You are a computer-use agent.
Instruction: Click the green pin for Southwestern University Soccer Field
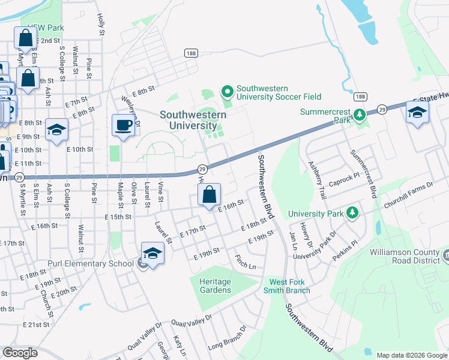(x=227, y=92)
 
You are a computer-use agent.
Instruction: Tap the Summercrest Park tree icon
(x=359, y=114)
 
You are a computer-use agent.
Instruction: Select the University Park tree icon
(x=354, y=213)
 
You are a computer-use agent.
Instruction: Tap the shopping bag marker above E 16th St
(x=208, y=196)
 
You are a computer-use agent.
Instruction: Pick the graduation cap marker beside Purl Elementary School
(x=152, y=254)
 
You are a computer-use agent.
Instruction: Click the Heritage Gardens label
(x=214, y=286)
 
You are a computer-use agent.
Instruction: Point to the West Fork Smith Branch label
(x=289, y=286)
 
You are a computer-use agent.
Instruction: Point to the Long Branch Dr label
(x=227, y=339)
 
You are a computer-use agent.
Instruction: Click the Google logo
(x=20, y=353)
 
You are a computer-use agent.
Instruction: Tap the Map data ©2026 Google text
(x=411, y=355)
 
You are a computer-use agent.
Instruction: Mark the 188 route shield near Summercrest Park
(x=360, y=97)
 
